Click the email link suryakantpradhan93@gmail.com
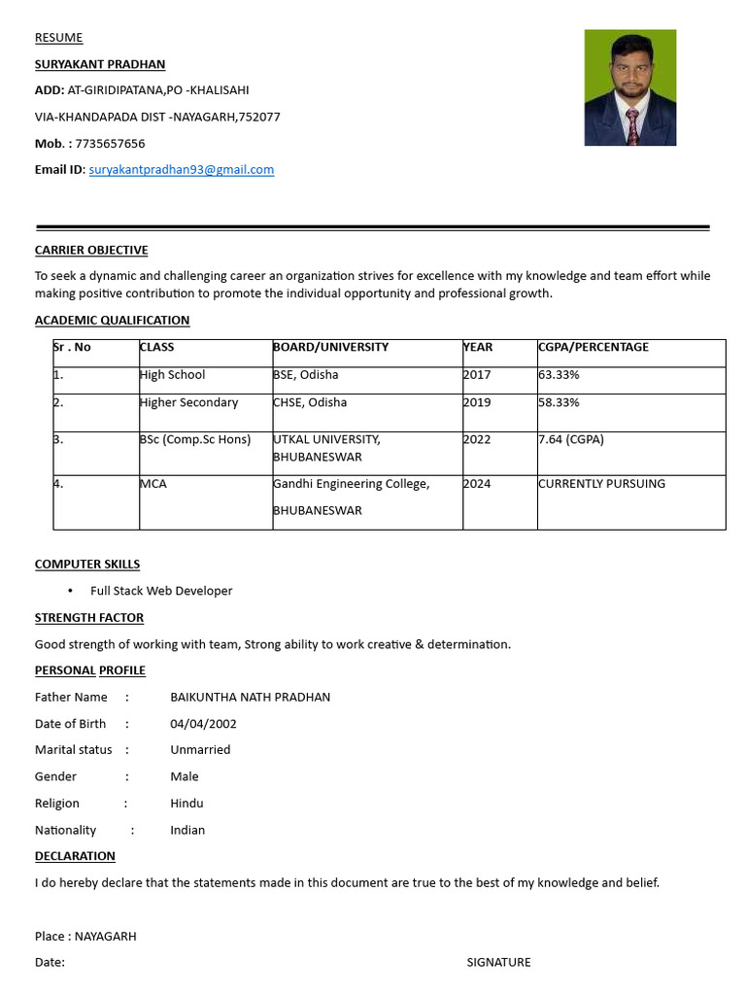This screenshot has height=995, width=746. [x=182, y=170]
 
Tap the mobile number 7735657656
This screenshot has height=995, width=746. [x=110, y=144]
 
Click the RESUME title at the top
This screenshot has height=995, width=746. [x=59, y=38]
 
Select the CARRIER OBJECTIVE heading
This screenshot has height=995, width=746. [x=91, y=251]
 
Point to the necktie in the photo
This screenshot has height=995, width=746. [x=632, y=125]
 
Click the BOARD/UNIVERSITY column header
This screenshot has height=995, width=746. [x=330, y=347]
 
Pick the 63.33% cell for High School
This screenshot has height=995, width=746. [x=559, y=375]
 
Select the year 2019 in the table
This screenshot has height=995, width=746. [x=477, y=402]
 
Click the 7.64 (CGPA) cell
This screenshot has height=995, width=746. [x=571, y=439]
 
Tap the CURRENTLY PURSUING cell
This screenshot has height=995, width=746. [x=602, y=484]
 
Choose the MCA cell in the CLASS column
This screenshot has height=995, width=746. [x=153, y=484]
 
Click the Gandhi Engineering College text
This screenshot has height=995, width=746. [x=352, y=484]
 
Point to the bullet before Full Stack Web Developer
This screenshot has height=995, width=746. [x=71, y=591]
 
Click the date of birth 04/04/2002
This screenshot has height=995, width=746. [x=203, y=724]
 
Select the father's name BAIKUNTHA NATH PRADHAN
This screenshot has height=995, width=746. [x=251, y=698]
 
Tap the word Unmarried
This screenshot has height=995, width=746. [x=200, y=750]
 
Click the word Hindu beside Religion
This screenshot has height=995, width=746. [x=186, y=804]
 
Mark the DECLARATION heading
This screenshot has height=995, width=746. [x=75, y=856]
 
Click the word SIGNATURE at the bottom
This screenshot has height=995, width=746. [x=498, y=963]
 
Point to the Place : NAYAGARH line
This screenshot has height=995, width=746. [x=85, y=937]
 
